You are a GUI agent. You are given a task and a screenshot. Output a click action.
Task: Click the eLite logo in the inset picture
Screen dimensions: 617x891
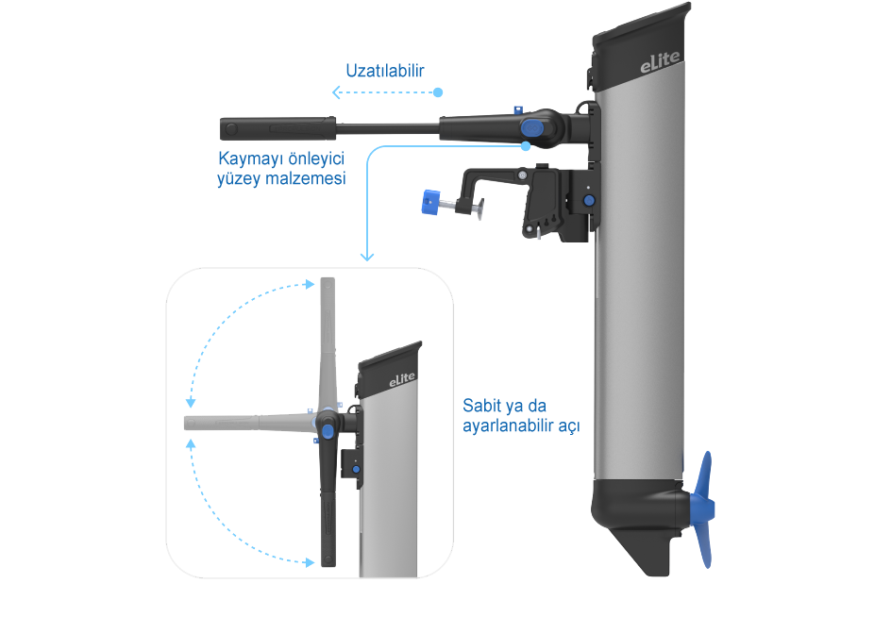point(402,379)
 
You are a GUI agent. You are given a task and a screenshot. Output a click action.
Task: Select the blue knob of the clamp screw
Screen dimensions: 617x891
point(430,202)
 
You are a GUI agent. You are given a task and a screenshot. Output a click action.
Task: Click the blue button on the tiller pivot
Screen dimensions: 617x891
point(532,126)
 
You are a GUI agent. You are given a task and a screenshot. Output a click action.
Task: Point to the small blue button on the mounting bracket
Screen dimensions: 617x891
point(590,200)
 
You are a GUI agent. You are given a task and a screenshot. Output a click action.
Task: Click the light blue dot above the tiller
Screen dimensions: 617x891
point(438,92)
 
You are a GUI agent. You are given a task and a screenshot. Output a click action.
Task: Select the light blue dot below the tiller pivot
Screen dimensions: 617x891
point(526,146)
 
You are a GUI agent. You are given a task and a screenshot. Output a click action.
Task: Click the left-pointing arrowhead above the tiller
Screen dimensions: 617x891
point(336,92)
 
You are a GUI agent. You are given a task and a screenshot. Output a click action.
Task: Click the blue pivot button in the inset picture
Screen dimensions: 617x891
point(327,431)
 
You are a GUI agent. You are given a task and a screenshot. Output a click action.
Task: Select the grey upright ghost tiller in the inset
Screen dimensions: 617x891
point(326,340)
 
